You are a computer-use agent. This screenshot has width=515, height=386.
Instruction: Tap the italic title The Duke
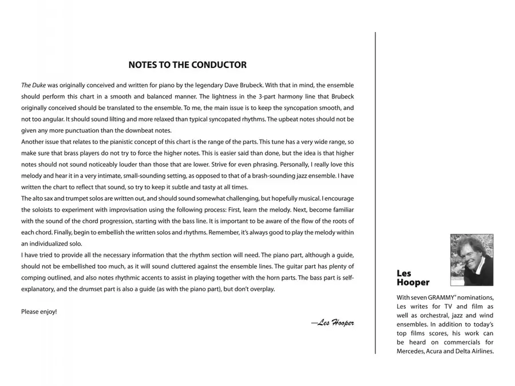[x=34, y=85]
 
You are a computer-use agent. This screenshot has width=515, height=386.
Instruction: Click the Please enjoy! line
[x=39, y=312]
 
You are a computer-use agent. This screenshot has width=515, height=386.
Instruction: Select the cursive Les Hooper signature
[x=333, y=323]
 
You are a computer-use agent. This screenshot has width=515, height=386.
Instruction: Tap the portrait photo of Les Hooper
[x=472, y=260]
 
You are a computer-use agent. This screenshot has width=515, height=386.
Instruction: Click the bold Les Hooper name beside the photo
[x=413, y=278]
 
